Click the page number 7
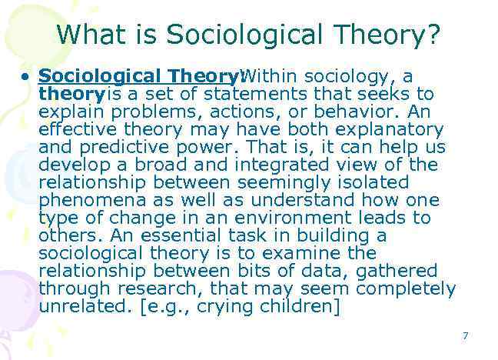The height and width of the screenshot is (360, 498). (465, 335)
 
